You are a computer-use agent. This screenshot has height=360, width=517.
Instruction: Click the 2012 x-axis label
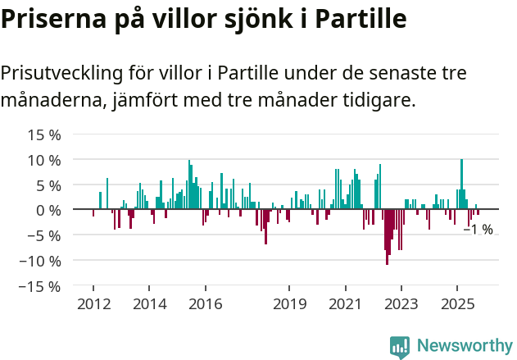[93, 304]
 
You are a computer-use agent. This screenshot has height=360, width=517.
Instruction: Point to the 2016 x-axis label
[205, 304]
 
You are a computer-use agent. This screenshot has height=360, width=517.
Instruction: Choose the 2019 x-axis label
[288, 304]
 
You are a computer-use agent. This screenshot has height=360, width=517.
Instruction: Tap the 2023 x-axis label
[401, 304]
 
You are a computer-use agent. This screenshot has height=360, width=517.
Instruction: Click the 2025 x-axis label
[456, 304]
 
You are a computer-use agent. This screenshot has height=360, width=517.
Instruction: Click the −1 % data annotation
[478, 230]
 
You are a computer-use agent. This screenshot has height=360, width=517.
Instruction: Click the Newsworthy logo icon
[400, 346]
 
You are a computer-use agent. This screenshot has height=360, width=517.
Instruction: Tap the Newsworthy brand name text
[464, 346]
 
